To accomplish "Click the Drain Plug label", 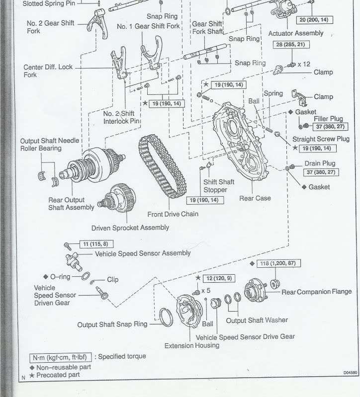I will [x=320, y=163].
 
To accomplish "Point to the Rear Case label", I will [x=255, y=198].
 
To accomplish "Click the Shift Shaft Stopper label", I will [x=215, y=186].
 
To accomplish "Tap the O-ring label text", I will [x=60, y=276].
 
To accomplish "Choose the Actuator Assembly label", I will [x=295, y=33].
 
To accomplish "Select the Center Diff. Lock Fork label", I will [x=47, y=71].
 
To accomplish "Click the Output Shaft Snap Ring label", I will [x=112, y=324].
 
